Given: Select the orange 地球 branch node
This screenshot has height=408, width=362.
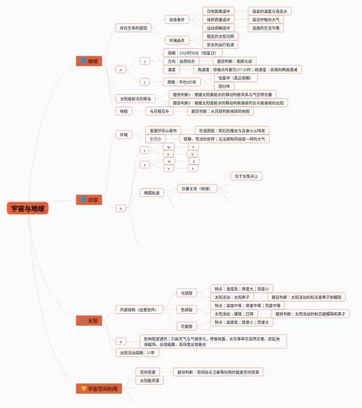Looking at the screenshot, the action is click(x=89, y=61).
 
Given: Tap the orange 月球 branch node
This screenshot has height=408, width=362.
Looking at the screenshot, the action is click(x=89, y=200).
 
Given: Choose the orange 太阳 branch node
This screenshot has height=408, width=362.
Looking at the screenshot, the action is click(x=89, y=321).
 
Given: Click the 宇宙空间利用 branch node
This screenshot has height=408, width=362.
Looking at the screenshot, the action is click(x=98, y=388).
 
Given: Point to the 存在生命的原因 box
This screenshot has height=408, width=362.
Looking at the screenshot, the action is click(x=133, y=28).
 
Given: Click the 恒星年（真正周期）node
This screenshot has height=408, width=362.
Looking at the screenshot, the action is click(x=234, y=78).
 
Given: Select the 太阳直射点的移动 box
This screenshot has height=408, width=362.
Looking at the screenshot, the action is click(x=135, y=99).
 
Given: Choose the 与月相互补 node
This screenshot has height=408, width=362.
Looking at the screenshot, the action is click(x=160, y=111).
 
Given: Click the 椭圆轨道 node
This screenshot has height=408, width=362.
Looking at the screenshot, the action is click(x=152, y=193).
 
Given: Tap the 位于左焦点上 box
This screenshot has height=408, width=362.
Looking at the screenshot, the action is click(x=246, y=176).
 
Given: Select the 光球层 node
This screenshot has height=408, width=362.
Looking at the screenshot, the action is click(x=187, y=293).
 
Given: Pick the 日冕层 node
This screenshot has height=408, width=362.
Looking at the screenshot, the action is click(x=187, y=326).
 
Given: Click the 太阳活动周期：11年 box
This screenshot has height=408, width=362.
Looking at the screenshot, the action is click(x=137, y=352).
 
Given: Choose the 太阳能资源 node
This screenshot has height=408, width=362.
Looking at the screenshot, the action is click(x=150, y=380).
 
